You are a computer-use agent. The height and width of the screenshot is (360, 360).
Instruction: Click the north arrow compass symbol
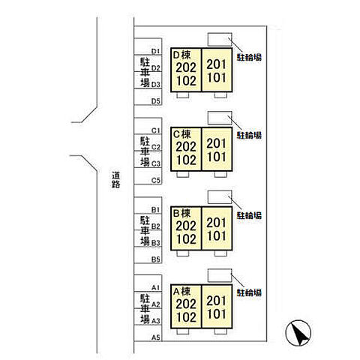(x=298, y=333)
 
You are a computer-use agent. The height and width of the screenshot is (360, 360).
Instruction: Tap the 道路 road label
(x=116, y=179)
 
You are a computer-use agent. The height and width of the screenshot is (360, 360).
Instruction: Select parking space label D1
(x=156, y=51)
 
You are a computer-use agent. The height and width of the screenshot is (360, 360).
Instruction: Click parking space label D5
(x=156, y=101)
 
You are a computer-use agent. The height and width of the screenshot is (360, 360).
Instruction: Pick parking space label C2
(x=156, y=147)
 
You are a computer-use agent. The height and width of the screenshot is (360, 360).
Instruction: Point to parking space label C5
(x=156, y=180)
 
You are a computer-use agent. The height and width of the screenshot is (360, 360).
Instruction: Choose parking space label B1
(x=156, y=209)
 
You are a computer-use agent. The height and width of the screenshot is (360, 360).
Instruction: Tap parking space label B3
(x=156, y=243)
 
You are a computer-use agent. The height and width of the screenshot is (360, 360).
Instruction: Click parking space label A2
(x=156, y=304)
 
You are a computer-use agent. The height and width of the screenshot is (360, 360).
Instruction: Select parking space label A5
(x=156, y=337)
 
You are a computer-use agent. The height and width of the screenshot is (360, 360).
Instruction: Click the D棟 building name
(x=181, y=55)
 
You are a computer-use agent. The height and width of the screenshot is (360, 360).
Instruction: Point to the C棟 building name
(x=181, y=134)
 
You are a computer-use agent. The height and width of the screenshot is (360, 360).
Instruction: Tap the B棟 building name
(x=181, y=213)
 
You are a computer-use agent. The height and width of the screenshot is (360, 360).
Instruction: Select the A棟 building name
(x=181, y=291)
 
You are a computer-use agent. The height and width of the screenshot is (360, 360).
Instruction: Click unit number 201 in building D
(x=216, y=64)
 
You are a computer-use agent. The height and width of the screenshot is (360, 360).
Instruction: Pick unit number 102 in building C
(x=186, y=160)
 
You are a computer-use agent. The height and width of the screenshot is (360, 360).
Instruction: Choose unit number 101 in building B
(x=216, y=236)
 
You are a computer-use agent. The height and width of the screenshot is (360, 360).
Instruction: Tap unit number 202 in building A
(x=186, y=304)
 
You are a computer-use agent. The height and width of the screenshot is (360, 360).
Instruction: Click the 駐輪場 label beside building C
(x=249, y=135)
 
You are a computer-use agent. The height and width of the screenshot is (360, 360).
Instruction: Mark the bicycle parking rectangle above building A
(x=220, y=275)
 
